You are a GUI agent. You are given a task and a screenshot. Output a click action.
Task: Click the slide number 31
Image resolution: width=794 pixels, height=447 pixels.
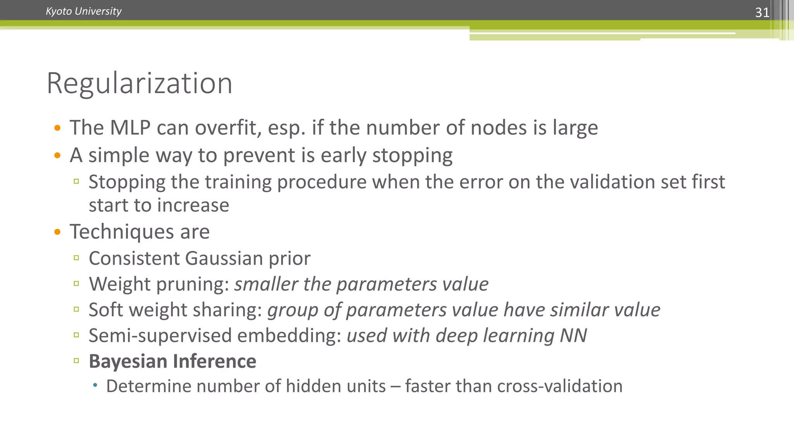coord(762,12)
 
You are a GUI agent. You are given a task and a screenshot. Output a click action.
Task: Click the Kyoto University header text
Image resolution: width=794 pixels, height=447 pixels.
coord(83,11)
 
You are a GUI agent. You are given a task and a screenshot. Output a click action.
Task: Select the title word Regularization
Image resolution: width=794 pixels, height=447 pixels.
coord(139,83)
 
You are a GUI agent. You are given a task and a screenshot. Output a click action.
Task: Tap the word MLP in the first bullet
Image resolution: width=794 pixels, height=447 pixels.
coord(130,128)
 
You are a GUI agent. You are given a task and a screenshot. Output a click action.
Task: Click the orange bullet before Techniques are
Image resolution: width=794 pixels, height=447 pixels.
coord(57,232)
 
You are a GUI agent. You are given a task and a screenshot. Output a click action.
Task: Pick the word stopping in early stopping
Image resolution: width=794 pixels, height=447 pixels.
coord(412,156)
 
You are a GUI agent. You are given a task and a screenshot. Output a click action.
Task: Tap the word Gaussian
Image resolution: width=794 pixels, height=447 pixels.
coord(224,258)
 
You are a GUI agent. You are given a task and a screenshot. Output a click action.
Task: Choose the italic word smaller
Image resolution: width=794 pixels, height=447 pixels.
coord(266,284)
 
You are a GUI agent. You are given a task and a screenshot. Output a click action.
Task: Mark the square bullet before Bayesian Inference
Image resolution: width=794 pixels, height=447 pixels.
coord(76,360)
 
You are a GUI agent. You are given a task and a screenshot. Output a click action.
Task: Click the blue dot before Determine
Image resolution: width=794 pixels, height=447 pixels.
coord(95,386)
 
